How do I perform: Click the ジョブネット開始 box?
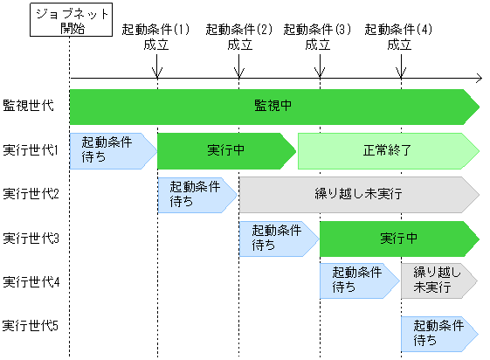[x=68, y=20]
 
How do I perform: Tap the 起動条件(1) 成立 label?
[x=156, y=36]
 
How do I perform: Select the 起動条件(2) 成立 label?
[x=238, y=36]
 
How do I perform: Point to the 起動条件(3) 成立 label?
[x=318, y=36]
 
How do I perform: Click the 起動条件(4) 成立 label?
[x=399, y=36]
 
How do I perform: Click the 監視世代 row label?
[x=28, y=105]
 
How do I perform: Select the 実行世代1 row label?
[x=31, y=149]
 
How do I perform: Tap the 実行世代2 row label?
[x=31, y=193]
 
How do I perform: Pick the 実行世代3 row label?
[x=31, y=238]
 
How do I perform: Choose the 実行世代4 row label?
[x=31, y=281]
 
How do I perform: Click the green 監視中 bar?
[x=273, y=106]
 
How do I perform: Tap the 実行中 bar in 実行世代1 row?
[x=225, y=150]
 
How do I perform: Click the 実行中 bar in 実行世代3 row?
[x=397, y=238]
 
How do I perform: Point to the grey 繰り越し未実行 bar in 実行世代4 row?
[x=438, y=281]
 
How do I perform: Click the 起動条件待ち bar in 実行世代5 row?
[x=438, y=331]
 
